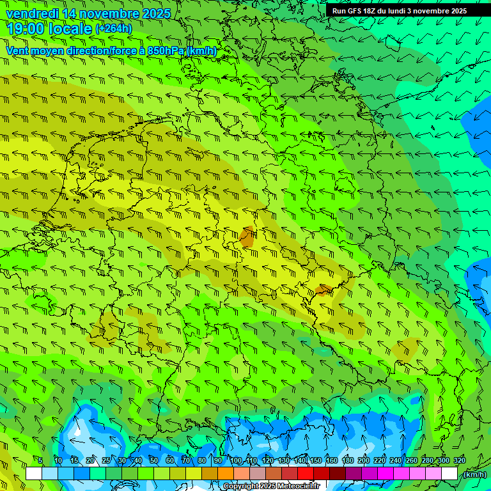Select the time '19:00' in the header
click(26, 29)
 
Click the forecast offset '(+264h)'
click(113, 29)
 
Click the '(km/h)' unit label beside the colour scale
click(474, 474)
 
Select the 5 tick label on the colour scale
click(40, 461)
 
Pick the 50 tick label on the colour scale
click(153, 461)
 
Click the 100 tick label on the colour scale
click(236, 461)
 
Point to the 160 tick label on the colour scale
click(332, 461)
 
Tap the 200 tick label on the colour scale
click(364, 461)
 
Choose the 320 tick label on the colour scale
click(460, 461)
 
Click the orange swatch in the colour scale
click(226, 474)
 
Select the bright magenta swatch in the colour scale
click(386, 474)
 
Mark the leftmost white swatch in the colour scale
click(34, 474)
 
